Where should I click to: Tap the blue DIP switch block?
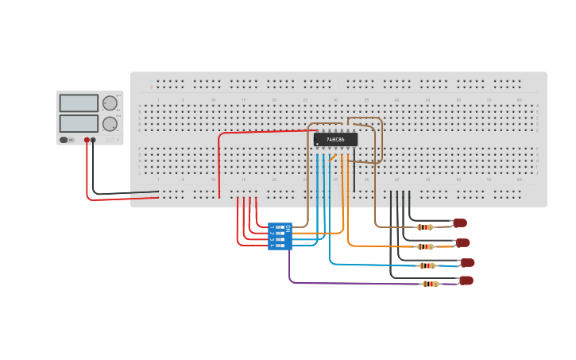click(x=280, y=236)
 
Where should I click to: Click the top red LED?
click(x=459, y=223)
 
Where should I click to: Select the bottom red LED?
click(x=466, y=281)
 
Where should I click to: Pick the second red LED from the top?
click(x=462, y=243)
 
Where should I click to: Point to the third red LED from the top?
click(x=467, y=262)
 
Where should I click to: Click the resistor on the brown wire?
click(x=425, y=227)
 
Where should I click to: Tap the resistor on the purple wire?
click(x=430, y=284)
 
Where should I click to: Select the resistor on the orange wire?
click(x=425, y=246)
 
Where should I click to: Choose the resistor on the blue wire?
click(x=427, y=265)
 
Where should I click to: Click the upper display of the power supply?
click(x=79, y=103)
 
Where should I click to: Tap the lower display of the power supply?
click(x=79, y=123)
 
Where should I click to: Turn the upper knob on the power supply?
click(x=110, y=103)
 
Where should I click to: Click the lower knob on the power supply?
click(x=110, y=124)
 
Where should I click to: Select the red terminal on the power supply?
click(x=87, y=140)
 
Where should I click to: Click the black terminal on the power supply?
click(x=93, y=140)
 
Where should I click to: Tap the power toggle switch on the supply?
click(x=65, y=140)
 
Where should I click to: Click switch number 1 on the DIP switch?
click(x=279, y=227)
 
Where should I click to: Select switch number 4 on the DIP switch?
click(x=279, y=246)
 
